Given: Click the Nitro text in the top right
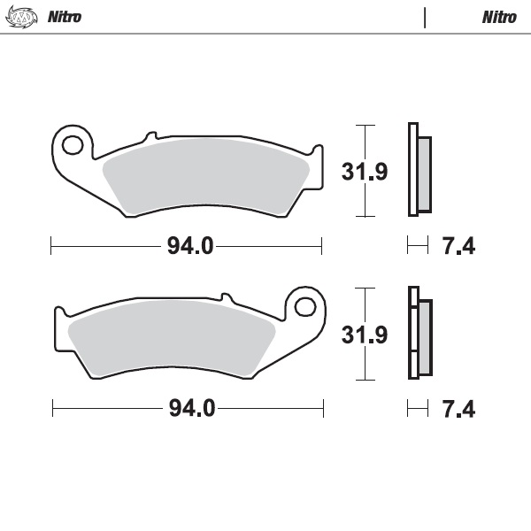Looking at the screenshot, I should click(x=499, y=17).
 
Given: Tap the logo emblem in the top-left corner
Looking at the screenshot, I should click(x=24, y=17).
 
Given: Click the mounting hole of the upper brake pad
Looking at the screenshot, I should click(x=73, y=144).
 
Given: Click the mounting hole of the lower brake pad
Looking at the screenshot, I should click(x=304, y=307).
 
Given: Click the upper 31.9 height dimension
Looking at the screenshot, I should click(x=365, y=171).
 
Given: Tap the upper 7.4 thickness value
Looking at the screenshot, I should click(x=458, y=246).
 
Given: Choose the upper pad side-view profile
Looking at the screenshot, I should click(x=419, y=170).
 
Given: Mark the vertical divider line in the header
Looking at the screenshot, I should click(x=426, y=17).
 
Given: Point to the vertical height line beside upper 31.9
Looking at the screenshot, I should click(x=359, y=171).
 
